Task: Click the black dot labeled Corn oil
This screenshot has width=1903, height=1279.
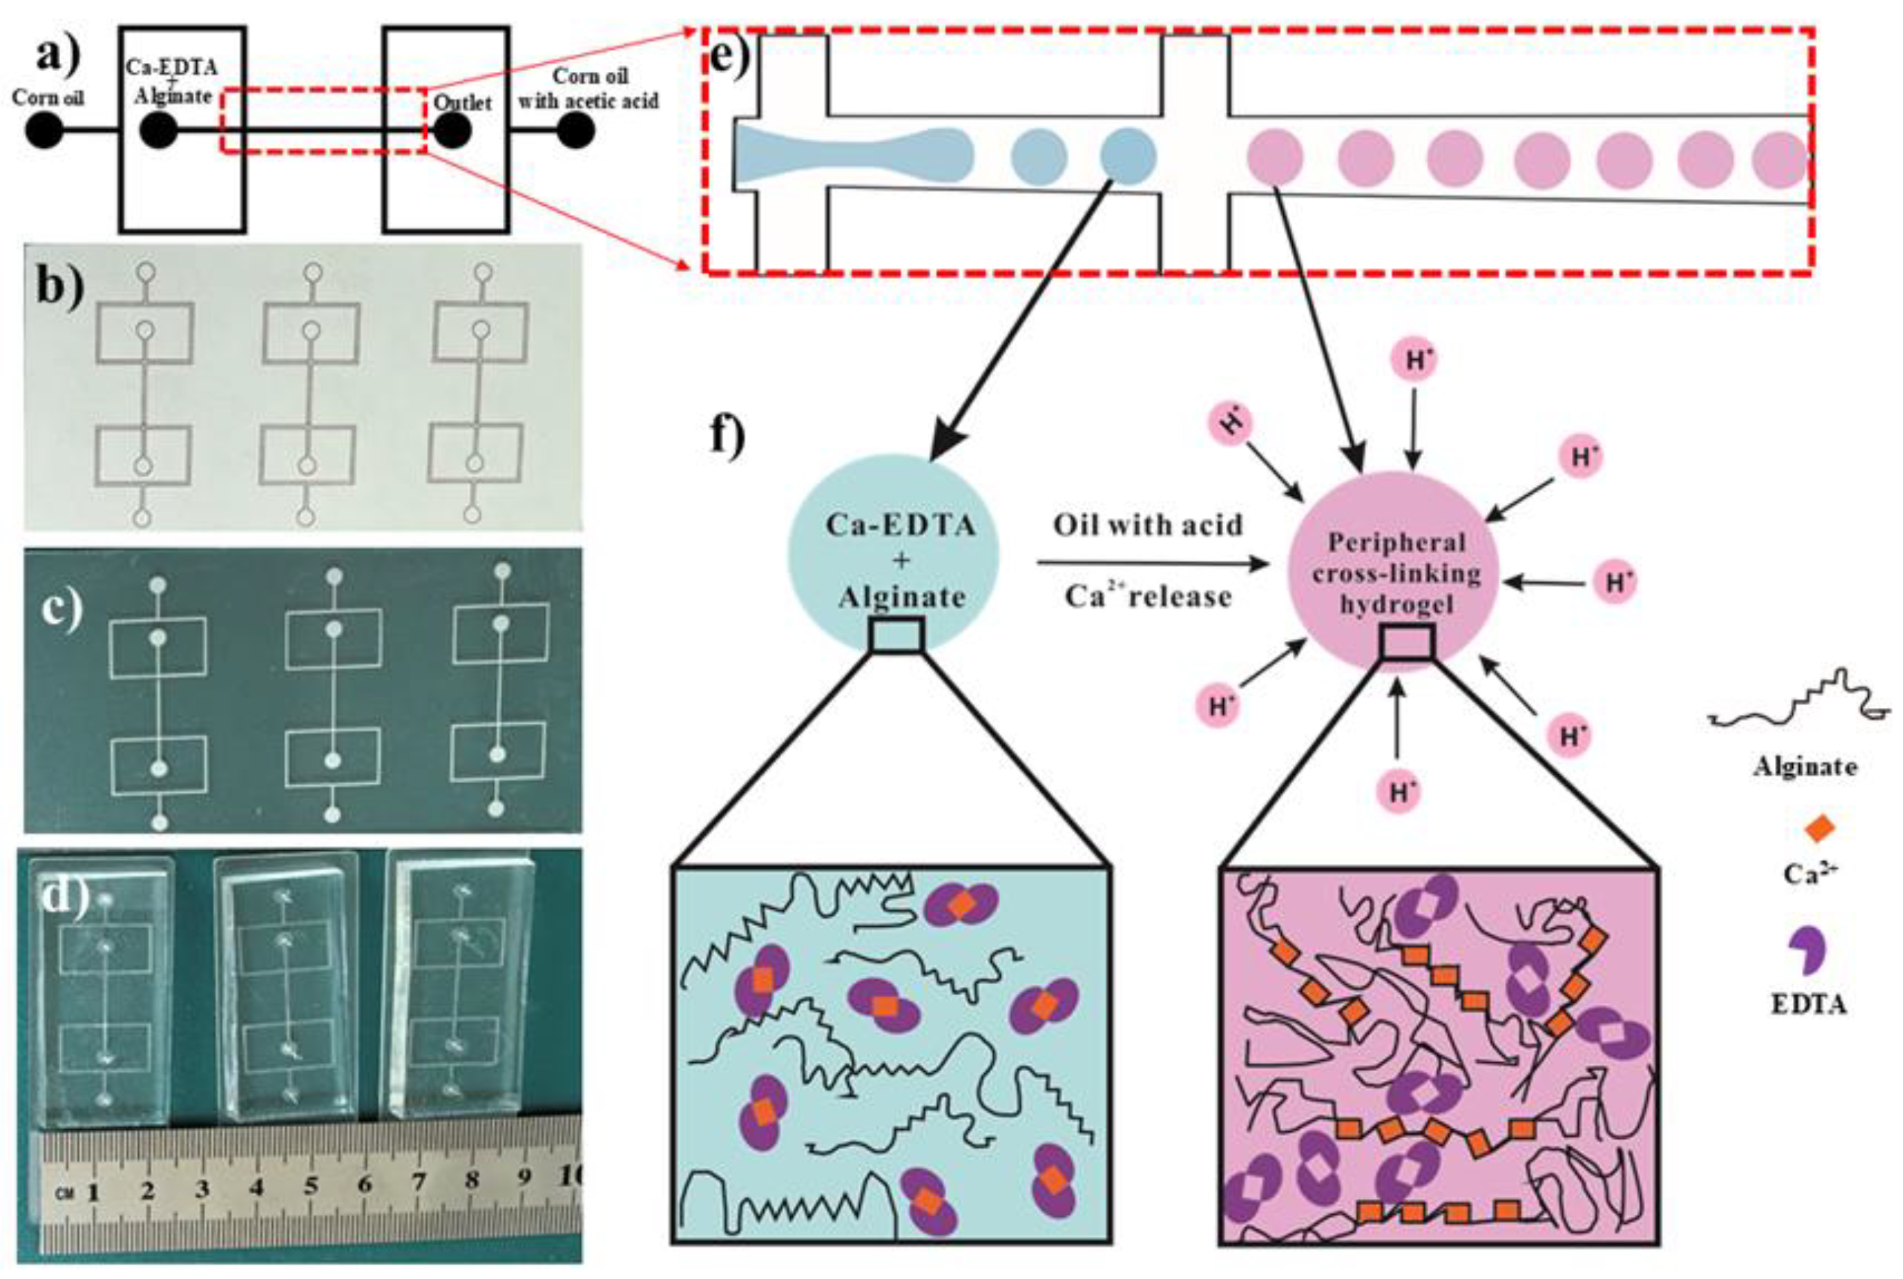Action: [45, 131]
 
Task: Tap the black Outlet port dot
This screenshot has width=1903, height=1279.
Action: [452, 131]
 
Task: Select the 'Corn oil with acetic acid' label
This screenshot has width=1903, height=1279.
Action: [588, 89]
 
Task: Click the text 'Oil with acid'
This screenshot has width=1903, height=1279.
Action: [1148, 525]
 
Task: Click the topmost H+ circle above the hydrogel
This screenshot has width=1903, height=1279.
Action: [1416, 360]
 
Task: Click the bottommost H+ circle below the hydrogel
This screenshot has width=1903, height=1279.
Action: [1399, 791]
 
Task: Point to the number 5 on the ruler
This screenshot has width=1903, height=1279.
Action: [311, 1187]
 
